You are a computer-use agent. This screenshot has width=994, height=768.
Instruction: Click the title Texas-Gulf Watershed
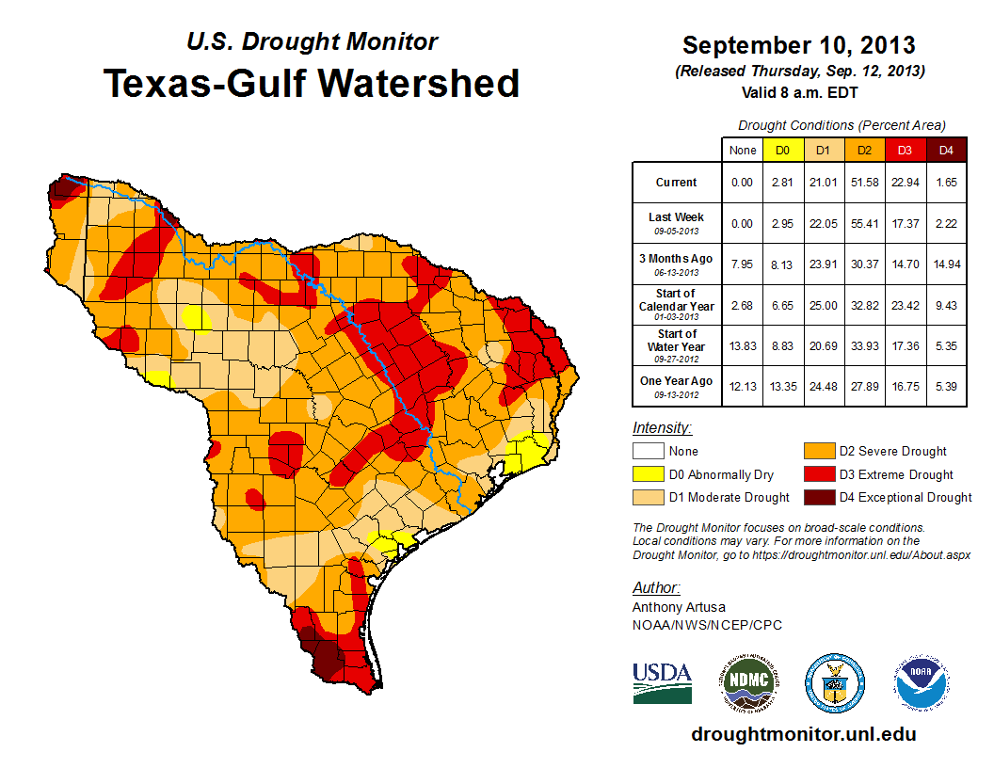pyautogui.click(x=311, y=83)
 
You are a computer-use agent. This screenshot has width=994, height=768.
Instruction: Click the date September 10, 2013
pyautogui.click(x=798, y=45)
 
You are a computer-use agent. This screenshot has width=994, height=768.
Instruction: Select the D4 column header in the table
pyautogui.click(x=946, y=150)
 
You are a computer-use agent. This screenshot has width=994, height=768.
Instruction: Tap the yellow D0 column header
pyautogui.click(x=781, y=150)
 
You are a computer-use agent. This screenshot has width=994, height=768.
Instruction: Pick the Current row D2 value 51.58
pyautogui.click(x=863, y=183)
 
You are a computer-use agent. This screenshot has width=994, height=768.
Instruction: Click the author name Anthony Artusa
pyautogui.click(x=679, y=607)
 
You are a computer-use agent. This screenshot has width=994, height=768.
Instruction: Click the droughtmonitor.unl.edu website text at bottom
pyautogui.click(x=803, y=733)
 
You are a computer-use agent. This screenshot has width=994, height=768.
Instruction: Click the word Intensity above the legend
pyautogui.click(x=662, y=428)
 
